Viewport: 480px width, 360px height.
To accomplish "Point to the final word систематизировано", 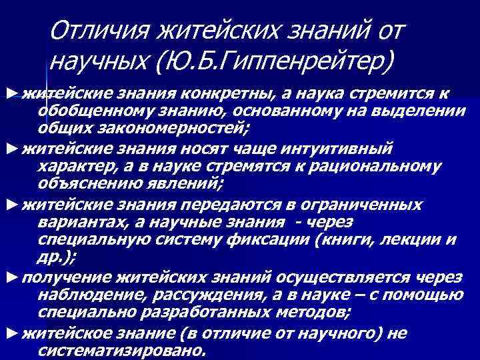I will (123, 350).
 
